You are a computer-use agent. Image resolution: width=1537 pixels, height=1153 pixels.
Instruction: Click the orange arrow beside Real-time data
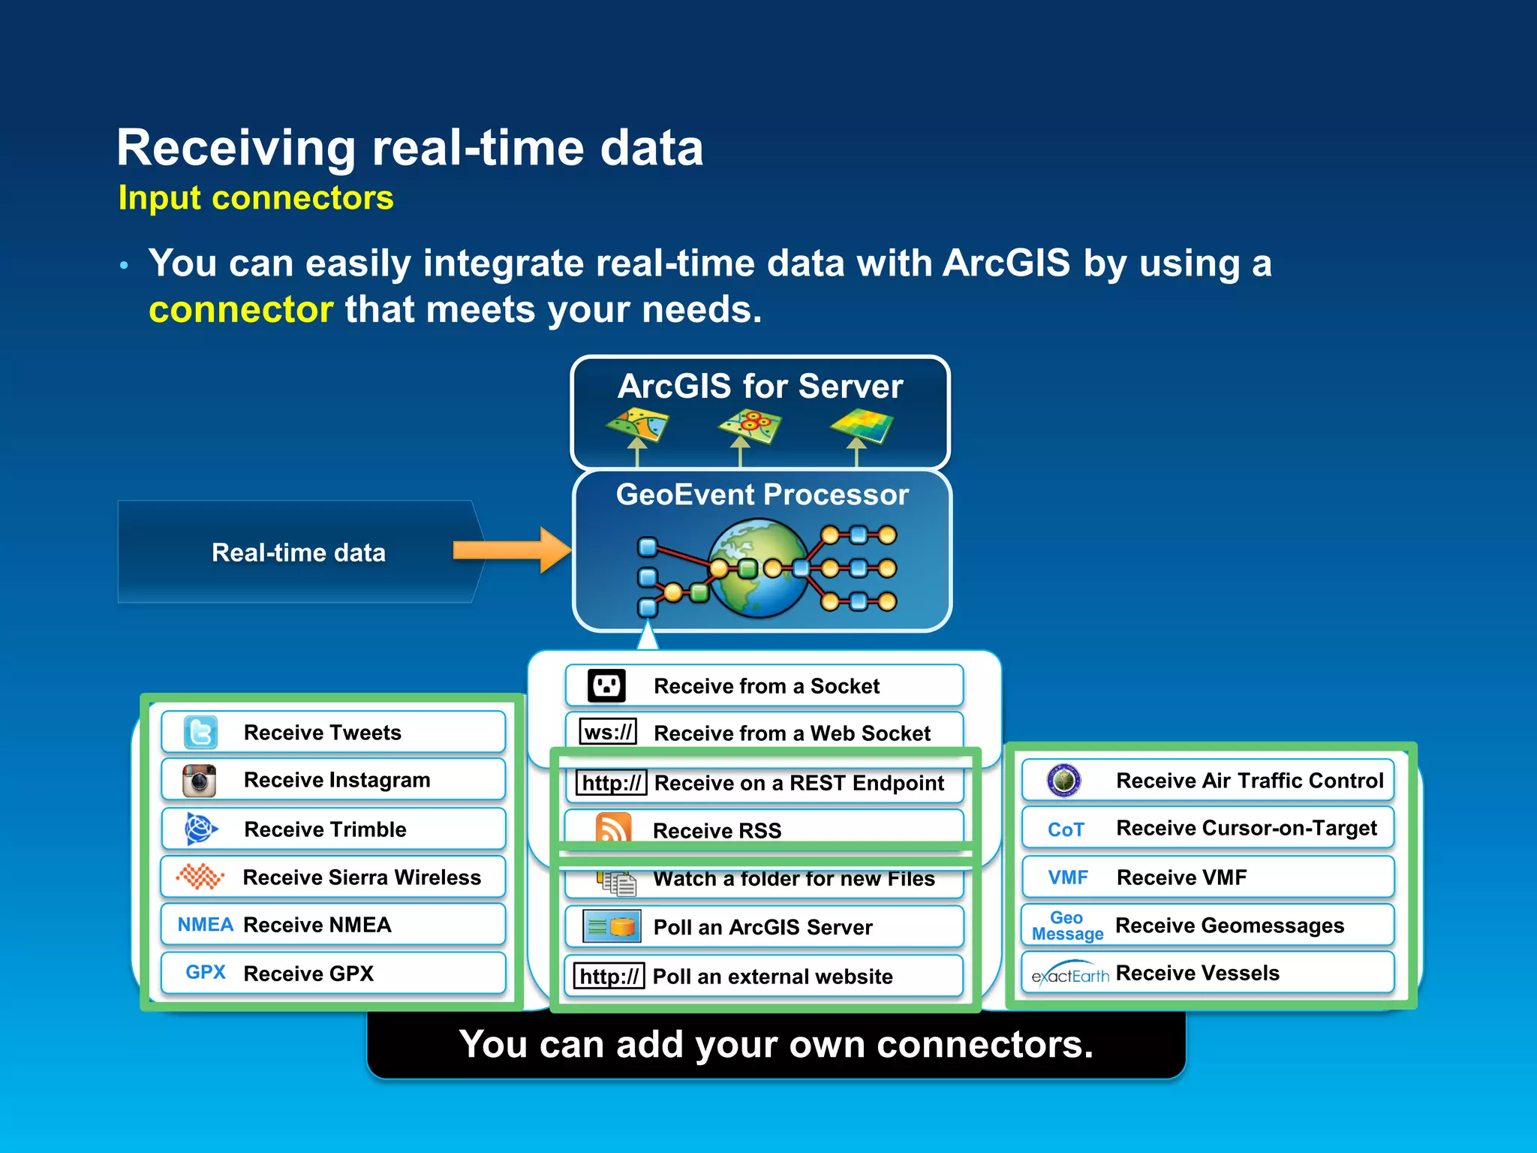[x=512, y=550]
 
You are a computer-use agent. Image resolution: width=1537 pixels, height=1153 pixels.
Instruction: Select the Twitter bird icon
[x=200, y=733]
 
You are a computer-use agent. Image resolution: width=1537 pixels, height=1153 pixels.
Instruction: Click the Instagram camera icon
[x=200, y=781]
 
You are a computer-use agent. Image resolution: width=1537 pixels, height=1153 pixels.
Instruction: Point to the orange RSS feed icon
[x=613, y=829]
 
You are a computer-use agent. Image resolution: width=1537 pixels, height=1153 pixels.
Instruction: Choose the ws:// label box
[x=609, y=732]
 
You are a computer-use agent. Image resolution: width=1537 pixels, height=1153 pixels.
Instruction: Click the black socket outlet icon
[x=606, y=685]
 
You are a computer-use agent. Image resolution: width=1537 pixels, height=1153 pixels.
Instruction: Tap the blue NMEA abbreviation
[x=205, y=925]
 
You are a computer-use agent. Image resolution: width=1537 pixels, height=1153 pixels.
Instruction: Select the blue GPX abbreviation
[x=206, y=973]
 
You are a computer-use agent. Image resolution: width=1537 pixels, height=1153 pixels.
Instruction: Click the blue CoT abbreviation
[x=1066, y=829]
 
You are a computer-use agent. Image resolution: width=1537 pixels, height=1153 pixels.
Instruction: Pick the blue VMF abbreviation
[x=1068, y=878]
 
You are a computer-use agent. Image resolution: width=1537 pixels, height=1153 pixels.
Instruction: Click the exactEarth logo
[x=1069, y=974]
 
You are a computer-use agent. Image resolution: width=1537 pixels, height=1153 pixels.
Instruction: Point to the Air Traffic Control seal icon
[x=1063, y=781]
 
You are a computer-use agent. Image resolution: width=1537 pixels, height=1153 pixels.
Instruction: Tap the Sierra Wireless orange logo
[x=200, y=877]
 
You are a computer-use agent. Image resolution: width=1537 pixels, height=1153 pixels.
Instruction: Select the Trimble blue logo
[x=200, y=829]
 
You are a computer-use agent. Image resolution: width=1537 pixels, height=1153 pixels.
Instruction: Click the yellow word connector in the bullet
[x=241, y=310]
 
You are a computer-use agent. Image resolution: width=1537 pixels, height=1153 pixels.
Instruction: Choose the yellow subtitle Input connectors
[x=256, y=198]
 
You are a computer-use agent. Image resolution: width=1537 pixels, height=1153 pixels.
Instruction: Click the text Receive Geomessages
[x=1229, y=926]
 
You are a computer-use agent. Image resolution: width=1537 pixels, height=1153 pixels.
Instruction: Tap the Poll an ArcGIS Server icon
[x=612, y=927]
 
